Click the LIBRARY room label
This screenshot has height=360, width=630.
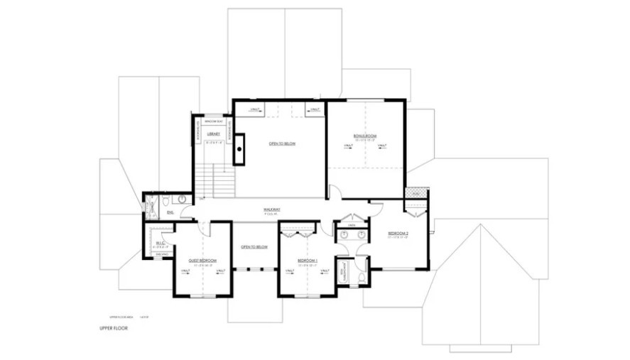pyautogui.click(x=213, y=134)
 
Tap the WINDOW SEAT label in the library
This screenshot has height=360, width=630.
pyautogui.click(x=214, y=121)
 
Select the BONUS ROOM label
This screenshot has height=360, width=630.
pyautogui.click(x=365, y=136)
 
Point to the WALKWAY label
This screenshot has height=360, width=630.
pyautogui.click(x=271, y=209)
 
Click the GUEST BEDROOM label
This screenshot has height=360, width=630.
pyautogui.click(x=202, y=261)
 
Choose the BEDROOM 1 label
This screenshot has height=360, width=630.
pyautogui.click(x=307, y=261)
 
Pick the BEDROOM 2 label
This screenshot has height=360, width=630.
pyautogui.click(x=398, y=234)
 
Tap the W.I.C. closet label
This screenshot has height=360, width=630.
pyautogui.click(x=160, y=243)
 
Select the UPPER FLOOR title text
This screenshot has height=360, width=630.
pyautogui.click(x=114, y=329)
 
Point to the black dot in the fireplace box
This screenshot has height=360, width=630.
pyautogui.click(x=240, y=149)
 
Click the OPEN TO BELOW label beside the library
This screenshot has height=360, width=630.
pyautogui.click(x=282, y=144)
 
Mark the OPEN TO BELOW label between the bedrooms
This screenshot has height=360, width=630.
pyautogui.click(x=254, y=247)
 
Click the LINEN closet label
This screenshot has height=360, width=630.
pyautogui.click(x=351, y=225)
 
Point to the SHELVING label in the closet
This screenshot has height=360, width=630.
pyautogui.click(x=161, y=253)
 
